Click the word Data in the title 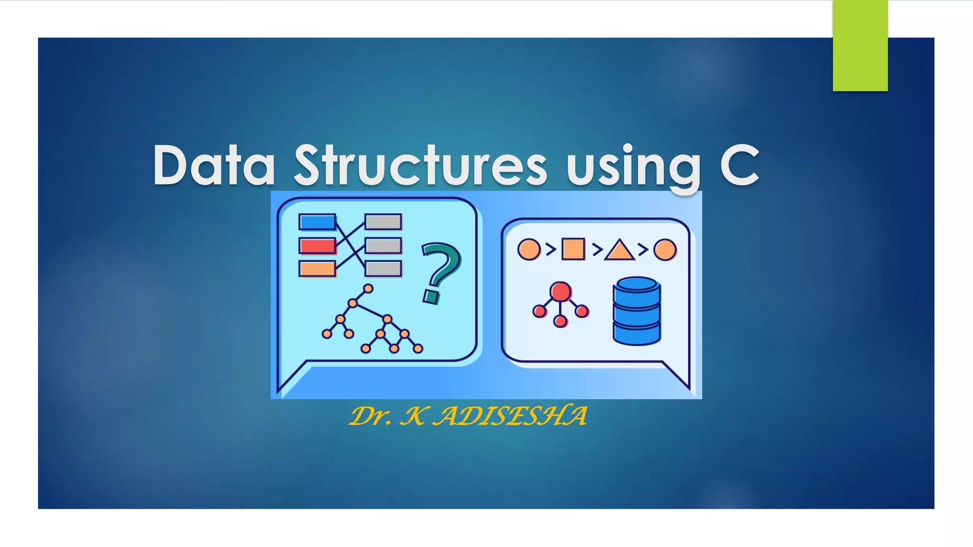(x=214, y=165)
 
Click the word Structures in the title (x=420, y=165)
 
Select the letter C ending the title (x=740, y=165)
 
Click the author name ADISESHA (x=512, y=416)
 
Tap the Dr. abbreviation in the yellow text (x=371, y=416)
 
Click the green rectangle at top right (x=860, y=46)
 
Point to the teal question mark (x=439, y=272)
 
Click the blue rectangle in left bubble (x=317, y=222)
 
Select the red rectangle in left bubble (x=317, y=245)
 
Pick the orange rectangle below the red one (x=317, y=269)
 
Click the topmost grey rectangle (x=383, y=222)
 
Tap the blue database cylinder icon (x=637, y=311)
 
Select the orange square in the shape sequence (x=573, y=249)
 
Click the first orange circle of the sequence (x=529, y=249)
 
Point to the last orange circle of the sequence (x=665, y=249)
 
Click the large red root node (x=561, y=292)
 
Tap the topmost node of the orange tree (x=368, y=288)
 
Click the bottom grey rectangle (x=383, y=269)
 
